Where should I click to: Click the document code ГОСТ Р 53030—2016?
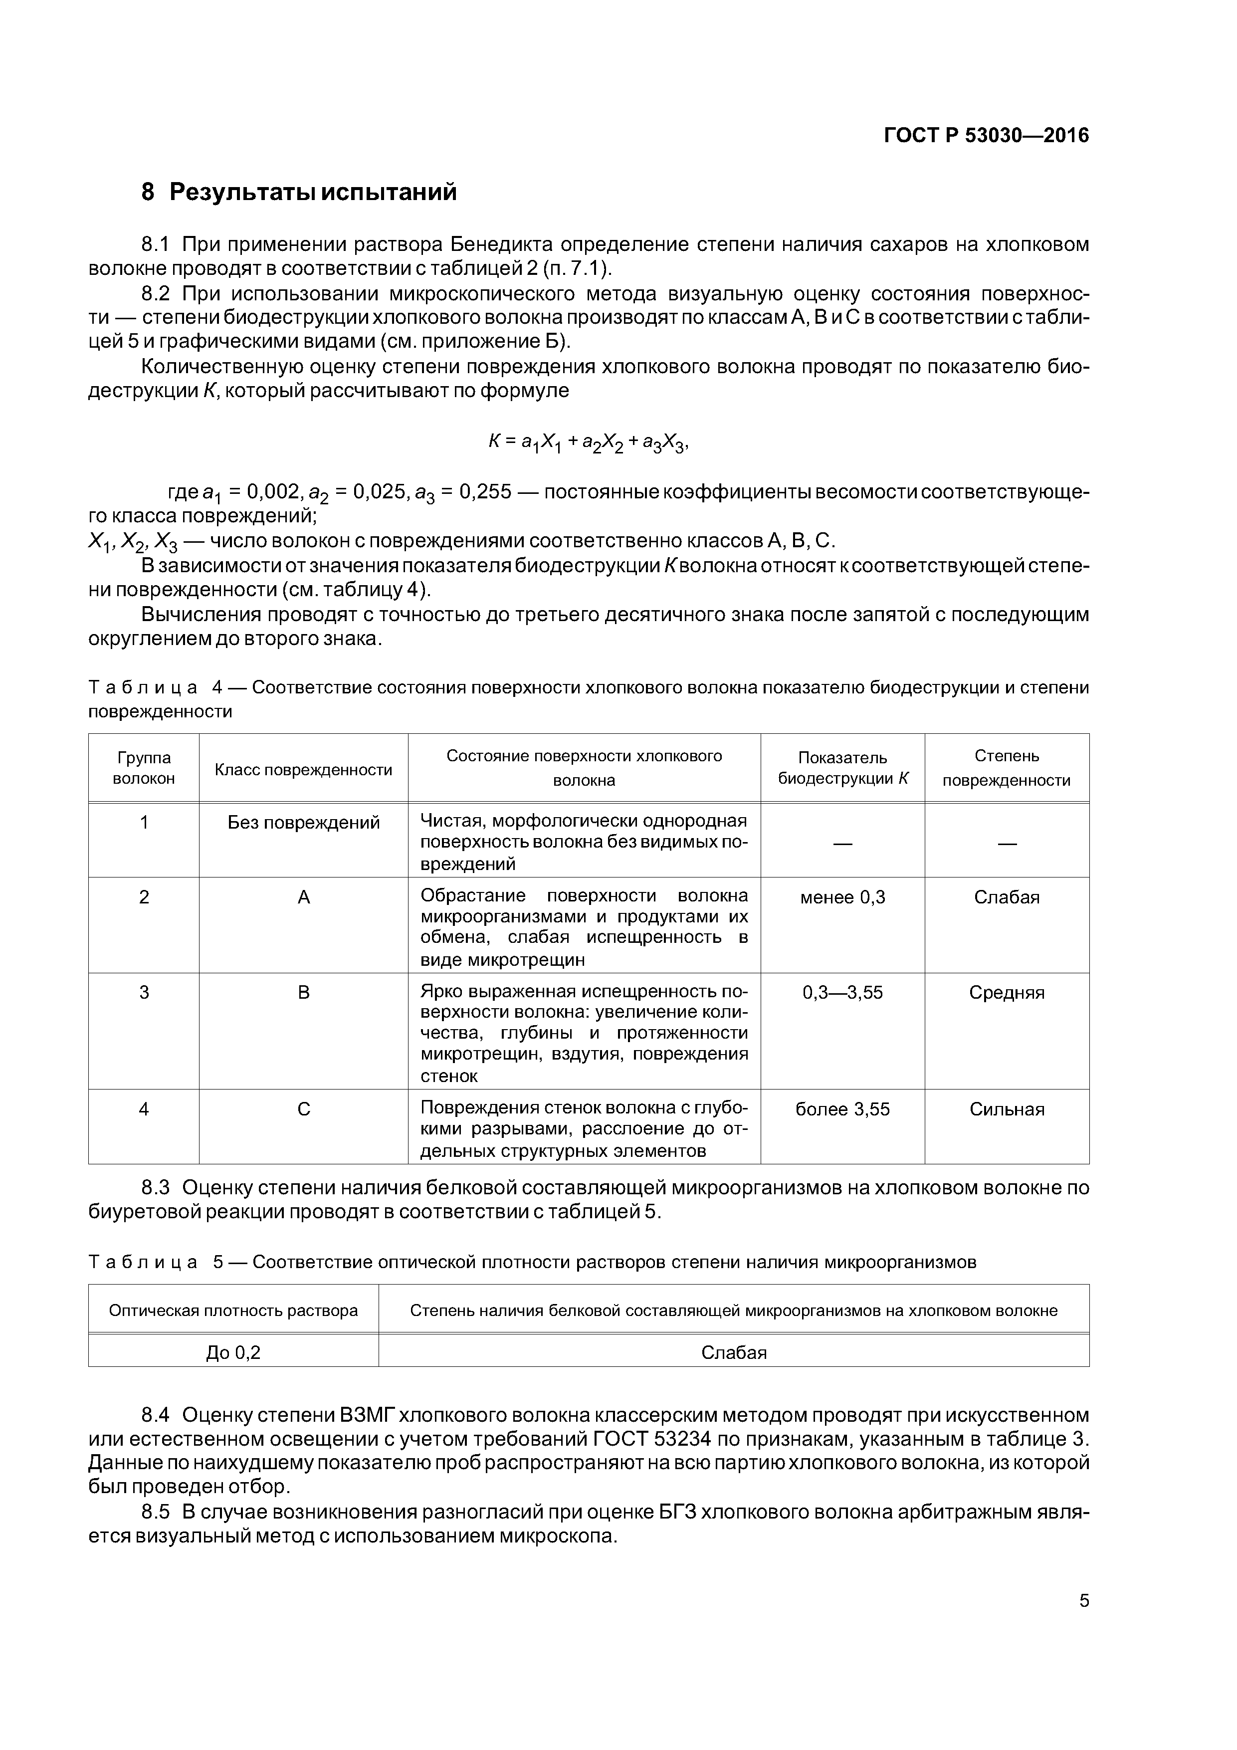[x=986, y=136]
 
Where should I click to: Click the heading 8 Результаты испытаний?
[x=299, y=192]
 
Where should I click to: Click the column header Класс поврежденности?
[x=303, y=770]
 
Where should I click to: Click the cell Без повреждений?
[x=303, y=823]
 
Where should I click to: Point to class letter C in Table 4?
[x=303, y=1109]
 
